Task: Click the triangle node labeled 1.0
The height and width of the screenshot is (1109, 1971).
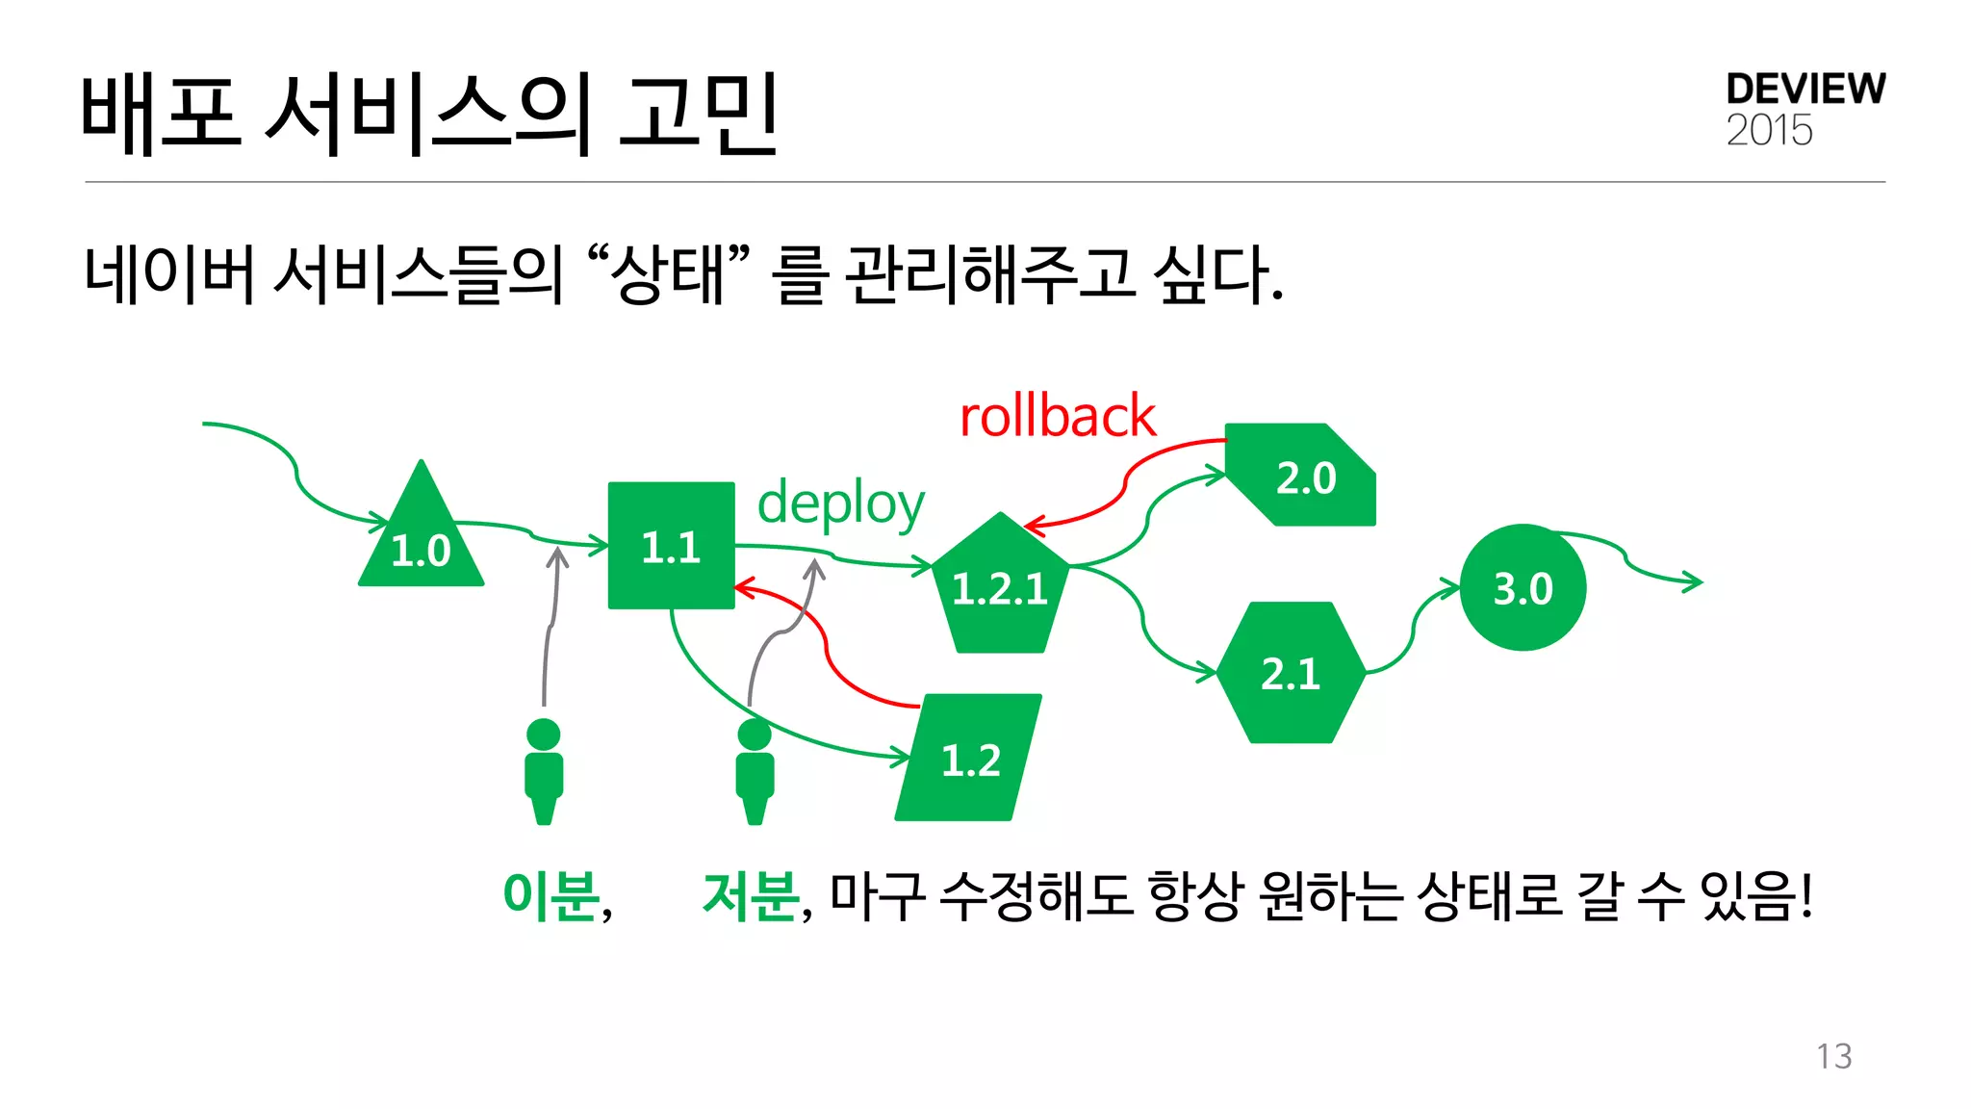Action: coord(421,539)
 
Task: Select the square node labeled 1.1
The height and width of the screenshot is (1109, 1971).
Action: coord(671,546)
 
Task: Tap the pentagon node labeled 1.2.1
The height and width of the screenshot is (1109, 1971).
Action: coord(1000,586)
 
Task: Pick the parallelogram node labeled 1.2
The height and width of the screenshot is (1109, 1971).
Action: coord(969,759)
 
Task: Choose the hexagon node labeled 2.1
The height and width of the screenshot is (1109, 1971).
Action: coord(1291,673)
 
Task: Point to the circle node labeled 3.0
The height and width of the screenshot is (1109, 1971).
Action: coord(1523,587)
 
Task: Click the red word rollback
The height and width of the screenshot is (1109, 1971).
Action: coord(1057,417)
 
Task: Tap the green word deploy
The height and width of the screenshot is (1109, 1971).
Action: coord(840,503)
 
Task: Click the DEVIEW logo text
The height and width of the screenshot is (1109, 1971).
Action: coord(1805,90)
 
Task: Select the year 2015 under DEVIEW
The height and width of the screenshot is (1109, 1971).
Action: coord(1769,131)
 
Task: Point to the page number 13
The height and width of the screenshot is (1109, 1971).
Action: coord(1833,1056)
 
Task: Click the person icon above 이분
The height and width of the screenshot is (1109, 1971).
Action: coord(544,770)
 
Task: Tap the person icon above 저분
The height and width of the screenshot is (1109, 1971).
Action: coord(755,770)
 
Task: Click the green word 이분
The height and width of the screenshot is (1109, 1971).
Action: coord(551,895)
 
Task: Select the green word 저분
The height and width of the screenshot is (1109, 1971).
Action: coord(751,895)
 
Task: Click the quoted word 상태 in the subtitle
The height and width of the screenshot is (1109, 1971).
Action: coord(668,274)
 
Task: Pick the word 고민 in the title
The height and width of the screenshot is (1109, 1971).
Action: coord(698,114)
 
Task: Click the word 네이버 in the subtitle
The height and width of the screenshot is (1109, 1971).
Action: coord(169,274)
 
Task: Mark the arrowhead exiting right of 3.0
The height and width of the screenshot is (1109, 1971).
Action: coord(1694,581)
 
